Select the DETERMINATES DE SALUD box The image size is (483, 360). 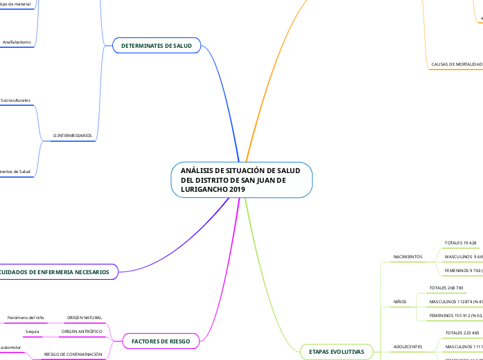click(x=156, y=46)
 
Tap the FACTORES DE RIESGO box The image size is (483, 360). click(x=160, y=341)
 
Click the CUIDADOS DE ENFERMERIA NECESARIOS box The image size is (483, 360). click(x=58, y=272)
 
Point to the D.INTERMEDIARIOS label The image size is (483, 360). click(x=72, y=136)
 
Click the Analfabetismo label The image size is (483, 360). click(x=16, y=42)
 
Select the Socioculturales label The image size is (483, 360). click(x=15, y=100)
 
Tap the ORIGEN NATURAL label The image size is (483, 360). click(x=85, y=318)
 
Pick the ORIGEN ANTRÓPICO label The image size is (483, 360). click(x=82, y=332)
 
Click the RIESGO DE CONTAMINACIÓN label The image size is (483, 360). click(x=73, y=354)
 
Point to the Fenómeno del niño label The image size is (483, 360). click(x=26, y=318)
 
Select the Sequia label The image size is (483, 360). click(x=32, y=332)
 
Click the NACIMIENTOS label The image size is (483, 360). click(x=408, y=257)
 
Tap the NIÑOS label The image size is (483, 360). click(x=400, y=302)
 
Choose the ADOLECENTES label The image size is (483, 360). click(x=407, y=346)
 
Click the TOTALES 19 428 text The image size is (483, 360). click(x=460, y=243)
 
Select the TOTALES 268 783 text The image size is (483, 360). click(x=446, y=287)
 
